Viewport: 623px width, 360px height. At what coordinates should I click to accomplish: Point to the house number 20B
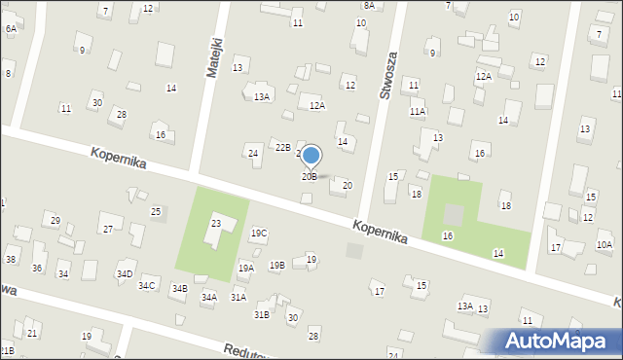(x=309, y=177)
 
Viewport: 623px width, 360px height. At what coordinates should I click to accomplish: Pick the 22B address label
(x=282, y=147)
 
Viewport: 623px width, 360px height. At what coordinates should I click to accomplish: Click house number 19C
(x=259, y=234)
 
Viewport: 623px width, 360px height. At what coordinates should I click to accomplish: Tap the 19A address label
(x=246, y=268)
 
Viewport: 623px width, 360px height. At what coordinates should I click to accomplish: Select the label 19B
(x=277, y=265)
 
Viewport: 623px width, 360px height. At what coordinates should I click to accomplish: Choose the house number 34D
(x=125, y=274)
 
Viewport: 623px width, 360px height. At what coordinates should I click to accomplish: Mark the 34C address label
(x=146, y=285)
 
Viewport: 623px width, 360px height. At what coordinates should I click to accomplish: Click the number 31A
(x=238, y=297)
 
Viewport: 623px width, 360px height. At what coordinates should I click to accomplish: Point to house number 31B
(x=262, y=315)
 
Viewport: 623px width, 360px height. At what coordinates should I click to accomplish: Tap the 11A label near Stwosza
(x=418, y=112)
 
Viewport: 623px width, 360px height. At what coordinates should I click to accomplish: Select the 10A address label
(x=605, y=245)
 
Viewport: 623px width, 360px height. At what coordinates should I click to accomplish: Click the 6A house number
(x=11, y=29)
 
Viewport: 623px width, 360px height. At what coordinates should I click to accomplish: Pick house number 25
(x=156, y=211)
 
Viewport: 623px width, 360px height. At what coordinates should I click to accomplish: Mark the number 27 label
(x=108, y=230)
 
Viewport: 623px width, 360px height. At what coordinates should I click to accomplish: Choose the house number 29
(x=55, y=220)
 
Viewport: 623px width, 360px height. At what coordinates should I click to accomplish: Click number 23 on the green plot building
(x=216, y=224)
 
